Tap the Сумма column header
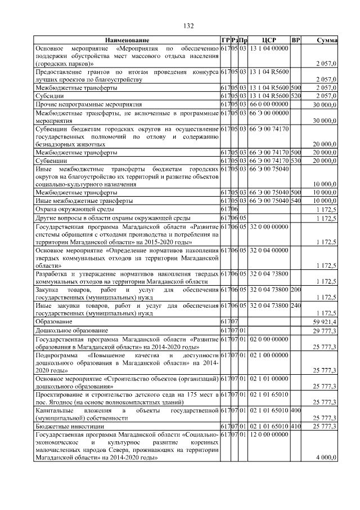click(327, 41)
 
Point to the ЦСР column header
click(268, 41)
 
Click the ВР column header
click(296, 41)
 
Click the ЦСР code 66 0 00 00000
click(269, 105)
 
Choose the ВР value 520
click(296, 96)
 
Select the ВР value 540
click(296, 201)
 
